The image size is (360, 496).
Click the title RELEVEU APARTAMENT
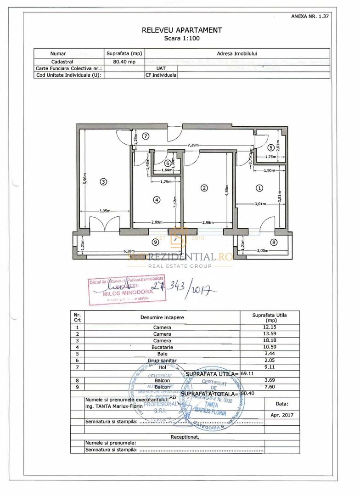182,30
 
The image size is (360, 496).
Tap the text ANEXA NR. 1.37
310,16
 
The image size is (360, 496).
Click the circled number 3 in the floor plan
104,182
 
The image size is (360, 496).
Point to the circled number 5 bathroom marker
271,147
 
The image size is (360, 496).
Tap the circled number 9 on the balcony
155,242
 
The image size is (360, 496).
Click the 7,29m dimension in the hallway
193,145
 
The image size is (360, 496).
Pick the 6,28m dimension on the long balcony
129,251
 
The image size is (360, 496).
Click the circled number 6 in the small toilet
168,163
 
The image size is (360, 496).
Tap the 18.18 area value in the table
270,341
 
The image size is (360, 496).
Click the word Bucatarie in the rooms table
162,348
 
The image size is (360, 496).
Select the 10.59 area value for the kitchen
270,348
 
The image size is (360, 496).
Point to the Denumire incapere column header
162,317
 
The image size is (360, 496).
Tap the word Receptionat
185,437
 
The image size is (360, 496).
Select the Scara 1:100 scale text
182,39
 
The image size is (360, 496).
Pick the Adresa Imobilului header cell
237,54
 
